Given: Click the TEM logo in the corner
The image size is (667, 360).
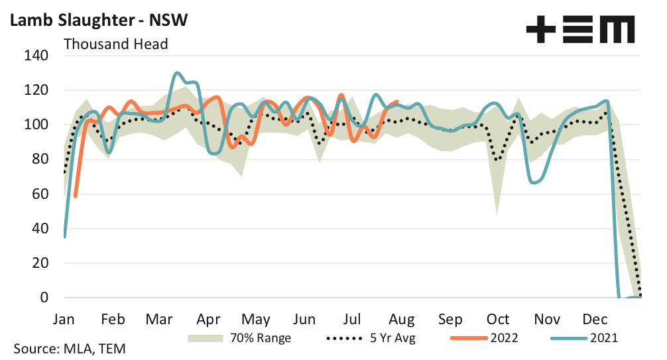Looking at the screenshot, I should click(579, 29).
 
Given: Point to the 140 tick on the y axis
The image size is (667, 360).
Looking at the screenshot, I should click(37, 56).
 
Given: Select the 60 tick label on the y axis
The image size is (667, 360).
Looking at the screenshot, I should click(40, 194).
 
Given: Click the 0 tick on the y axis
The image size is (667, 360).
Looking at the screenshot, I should click(44, 298).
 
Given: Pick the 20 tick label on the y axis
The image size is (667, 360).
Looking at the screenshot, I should click(40, 263).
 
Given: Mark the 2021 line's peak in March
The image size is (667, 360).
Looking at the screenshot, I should click(177, 73).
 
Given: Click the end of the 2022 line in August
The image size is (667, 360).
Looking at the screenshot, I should click(396, 101).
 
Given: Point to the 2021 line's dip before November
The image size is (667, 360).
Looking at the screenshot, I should click(536, 182).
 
